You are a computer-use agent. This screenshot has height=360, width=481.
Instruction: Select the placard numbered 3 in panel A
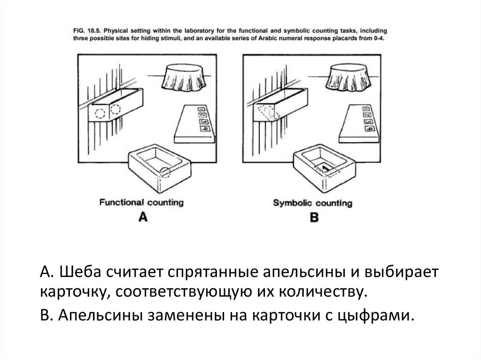[x=203, y=122]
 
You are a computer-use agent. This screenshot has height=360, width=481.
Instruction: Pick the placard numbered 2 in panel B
[x=367, y=115]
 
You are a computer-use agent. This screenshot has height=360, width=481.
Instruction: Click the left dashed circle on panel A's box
[x=100, y=113]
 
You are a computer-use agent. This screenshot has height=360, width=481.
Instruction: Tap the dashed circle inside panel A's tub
[x=165, y=172]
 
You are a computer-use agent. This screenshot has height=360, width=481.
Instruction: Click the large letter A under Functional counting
[x=143, y=217]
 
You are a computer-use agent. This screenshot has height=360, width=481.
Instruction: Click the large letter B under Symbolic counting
[x=314, y=217]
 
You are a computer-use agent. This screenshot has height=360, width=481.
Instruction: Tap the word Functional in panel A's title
[x=122, y=202]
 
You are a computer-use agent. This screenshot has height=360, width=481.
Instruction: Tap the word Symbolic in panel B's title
[x=293, y=203]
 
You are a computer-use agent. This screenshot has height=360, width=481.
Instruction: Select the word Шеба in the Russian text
[x=80, y=272]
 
